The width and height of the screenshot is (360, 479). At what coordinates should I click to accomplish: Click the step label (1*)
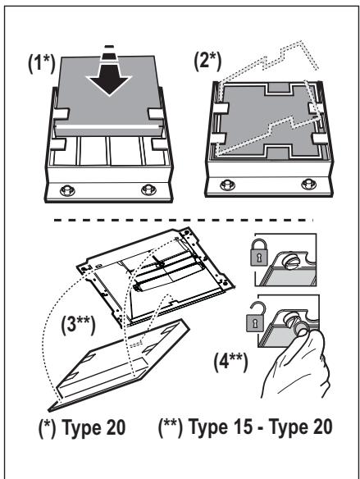click(x=42, y=64)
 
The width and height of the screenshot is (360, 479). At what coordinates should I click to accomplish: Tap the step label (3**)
click(x=78, y=325)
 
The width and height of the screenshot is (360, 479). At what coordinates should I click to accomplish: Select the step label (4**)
click(x=230, y=362)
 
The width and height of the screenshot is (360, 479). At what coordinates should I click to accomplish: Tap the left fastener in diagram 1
click(x=67, y=190)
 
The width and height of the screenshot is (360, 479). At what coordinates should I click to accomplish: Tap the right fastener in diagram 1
click(x=148, y=189)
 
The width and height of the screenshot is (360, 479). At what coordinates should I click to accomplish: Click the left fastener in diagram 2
click(x=228, y=185)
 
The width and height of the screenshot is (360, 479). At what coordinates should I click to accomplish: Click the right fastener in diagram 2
click(x=308, y=185)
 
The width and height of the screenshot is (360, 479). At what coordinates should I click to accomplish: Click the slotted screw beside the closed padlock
click(x=289, y=262)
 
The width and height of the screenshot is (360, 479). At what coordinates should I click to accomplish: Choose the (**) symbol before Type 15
click(x=171, y=427)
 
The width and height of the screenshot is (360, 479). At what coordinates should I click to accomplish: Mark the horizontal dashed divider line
click(x=183, y=220)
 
